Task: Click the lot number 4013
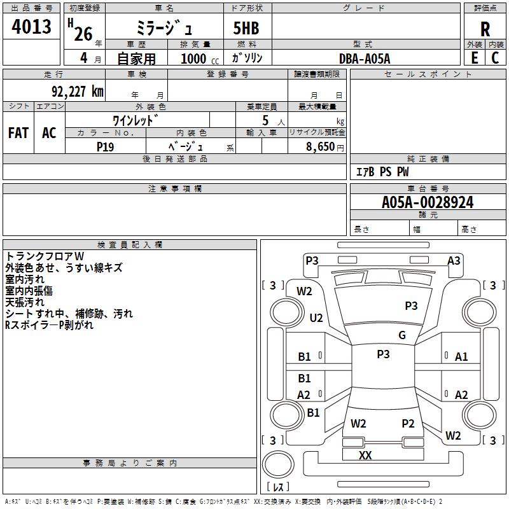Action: coord(32,27)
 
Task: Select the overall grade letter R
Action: coord(485,29)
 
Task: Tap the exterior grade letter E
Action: coord(474,57)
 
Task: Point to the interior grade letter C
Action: coord(496,57)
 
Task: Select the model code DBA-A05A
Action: coord(365,59)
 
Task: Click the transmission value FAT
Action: coord(18,132)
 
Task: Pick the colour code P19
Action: coord(106,146)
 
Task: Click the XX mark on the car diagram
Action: coord(365,455)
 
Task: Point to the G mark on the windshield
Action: coord(402,335)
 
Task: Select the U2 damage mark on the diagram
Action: coord(316,317)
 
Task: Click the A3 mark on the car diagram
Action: coord(454,260)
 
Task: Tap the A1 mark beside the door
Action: coord(461,357)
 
